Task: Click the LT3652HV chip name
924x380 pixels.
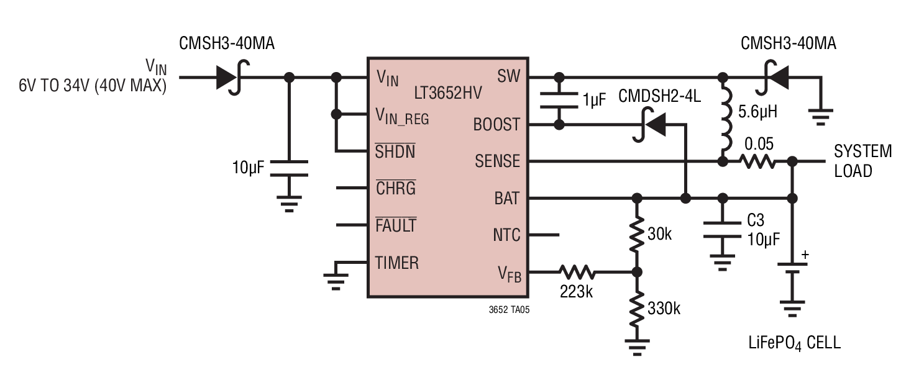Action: (x=448, y=93)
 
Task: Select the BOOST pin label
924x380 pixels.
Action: (x=496, y=124)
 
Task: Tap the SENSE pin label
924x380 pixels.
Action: (x=498, y=161)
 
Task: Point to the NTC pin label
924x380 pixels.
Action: (x=506, y=235)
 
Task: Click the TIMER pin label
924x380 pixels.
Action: (x=397, y=263)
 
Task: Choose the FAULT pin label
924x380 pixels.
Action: (x=396, y=225)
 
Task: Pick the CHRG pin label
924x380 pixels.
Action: (x=396, y=188)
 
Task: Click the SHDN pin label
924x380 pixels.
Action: (x=395, y=152)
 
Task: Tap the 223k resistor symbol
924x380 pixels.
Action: (x=577, y=272)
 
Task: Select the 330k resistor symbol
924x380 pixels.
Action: (x=637, y=309)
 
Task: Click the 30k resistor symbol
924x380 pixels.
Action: (x=637, y=234)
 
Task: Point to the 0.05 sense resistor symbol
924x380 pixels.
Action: (x=757, y=161)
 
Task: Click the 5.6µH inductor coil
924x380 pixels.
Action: (x=726, y=119)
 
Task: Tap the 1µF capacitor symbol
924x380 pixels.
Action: (x=559, y=101)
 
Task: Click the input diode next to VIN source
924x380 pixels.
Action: (x=232, y=78)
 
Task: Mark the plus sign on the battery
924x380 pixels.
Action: (x=805, y=255)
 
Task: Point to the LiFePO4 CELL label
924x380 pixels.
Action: (x=795, y=343)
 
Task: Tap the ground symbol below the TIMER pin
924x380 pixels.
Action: (x=336, y=281)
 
